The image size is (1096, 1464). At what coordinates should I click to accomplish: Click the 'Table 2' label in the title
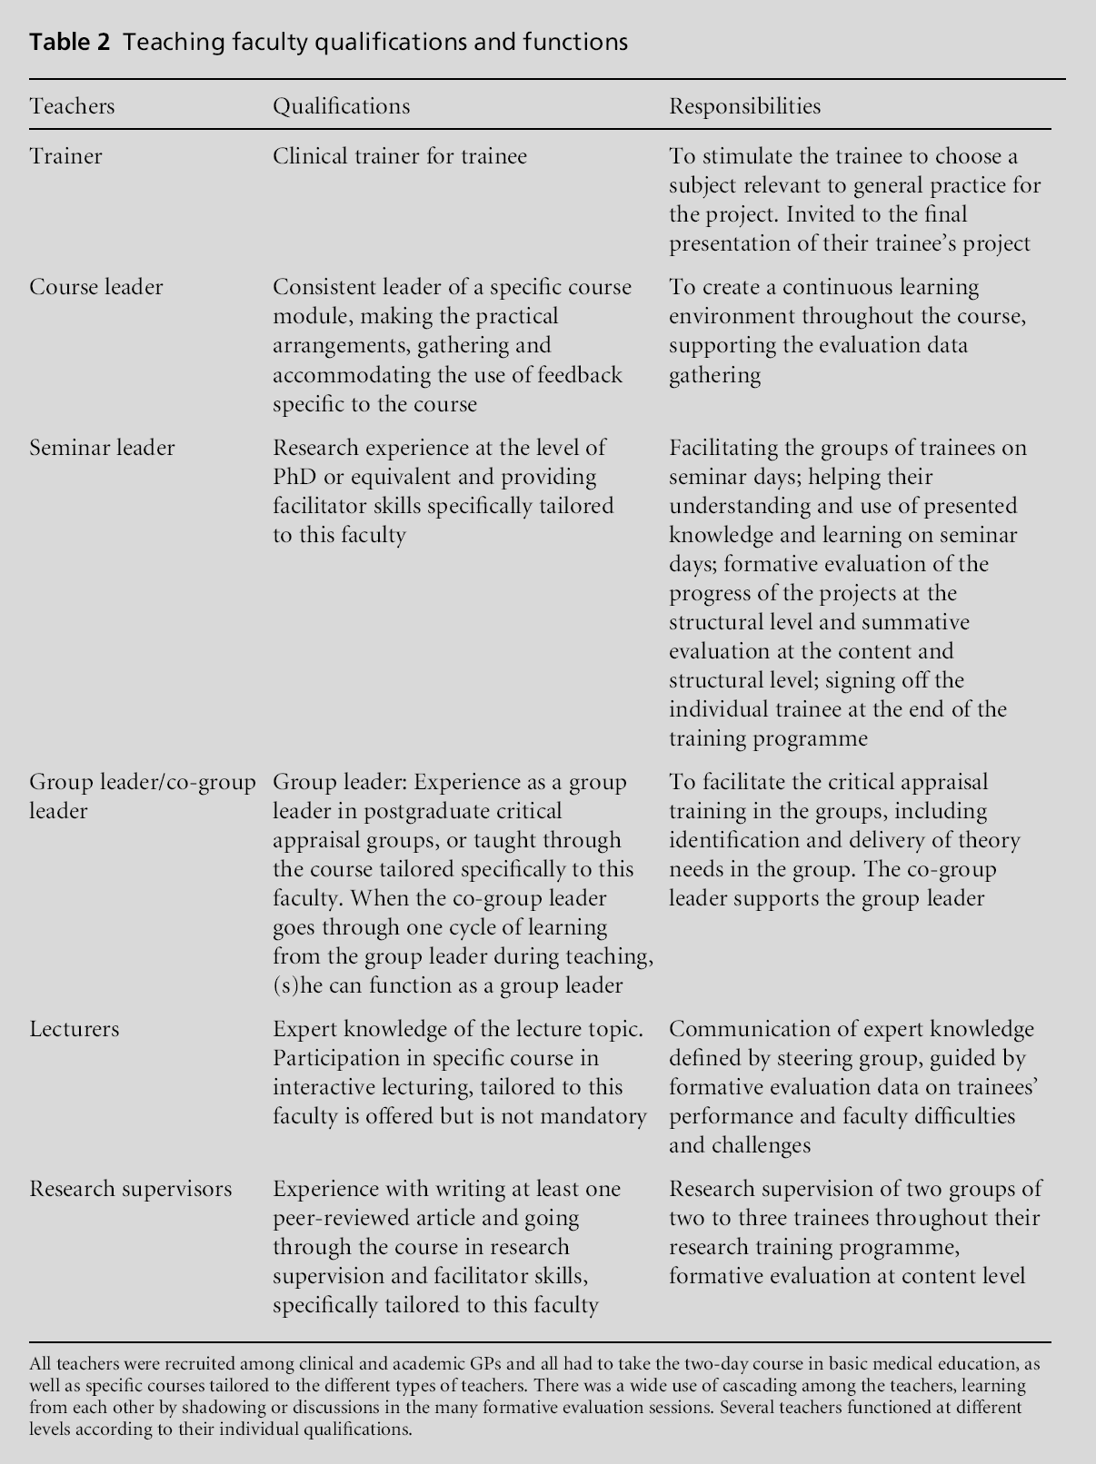(69, 42)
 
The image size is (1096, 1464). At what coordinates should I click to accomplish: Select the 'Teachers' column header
(72, 106)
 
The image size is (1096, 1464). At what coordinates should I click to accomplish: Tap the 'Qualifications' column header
(341, 106)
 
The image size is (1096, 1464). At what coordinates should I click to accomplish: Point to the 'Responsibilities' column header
(744, 106)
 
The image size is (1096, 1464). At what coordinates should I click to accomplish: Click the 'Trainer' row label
(65, 156)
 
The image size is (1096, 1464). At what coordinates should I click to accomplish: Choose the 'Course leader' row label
(95, 287)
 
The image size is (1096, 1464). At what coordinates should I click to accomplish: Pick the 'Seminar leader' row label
(102, 448)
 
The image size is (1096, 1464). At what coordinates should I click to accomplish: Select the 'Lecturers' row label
(74, 1029)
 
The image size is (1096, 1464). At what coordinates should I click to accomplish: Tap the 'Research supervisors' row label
(130, 1189)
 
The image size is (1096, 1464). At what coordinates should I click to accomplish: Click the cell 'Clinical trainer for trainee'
(400, 156)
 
